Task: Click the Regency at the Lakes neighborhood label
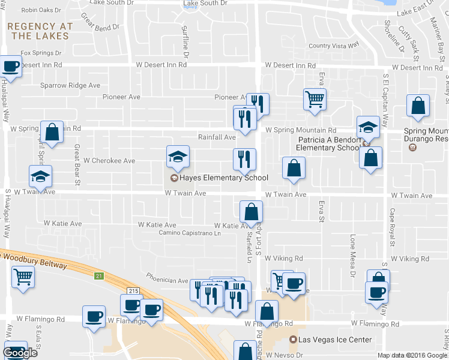(40, 31)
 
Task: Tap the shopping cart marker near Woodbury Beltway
(23, 277)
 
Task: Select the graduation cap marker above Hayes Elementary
(178, 157)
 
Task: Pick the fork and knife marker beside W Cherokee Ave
(244, 160)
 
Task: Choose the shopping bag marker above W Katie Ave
(251, 211)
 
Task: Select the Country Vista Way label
(333, 46)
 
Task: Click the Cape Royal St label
(391, 227)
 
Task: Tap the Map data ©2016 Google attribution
(412, 355)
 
